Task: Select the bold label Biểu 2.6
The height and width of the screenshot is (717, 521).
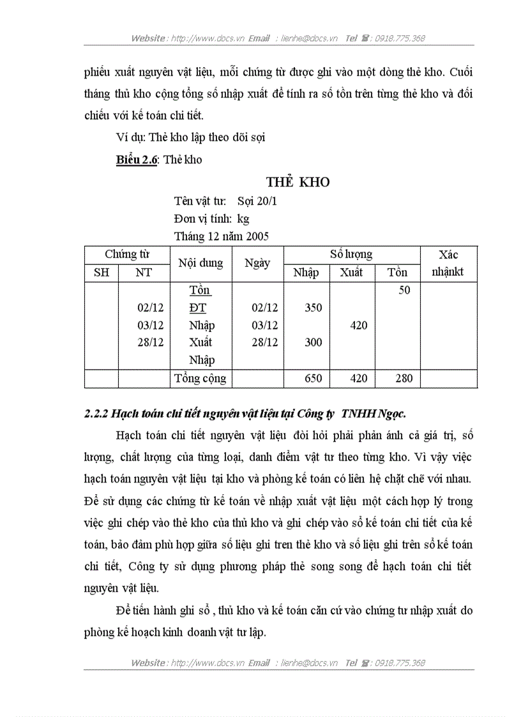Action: point(136,160)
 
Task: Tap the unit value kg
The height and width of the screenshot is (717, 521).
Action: point(243,218)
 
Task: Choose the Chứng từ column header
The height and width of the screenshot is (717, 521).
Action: point(127,254)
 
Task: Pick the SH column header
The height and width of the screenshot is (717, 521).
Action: point(102,273)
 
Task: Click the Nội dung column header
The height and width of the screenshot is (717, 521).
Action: point(200,263)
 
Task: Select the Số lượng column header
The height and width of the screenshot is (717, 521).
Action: point(351,254)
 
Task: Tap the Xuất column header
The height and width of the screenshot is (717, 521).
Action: point(351,273)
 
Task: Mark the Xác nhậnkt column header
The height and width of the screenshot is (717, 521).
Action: point(448,263)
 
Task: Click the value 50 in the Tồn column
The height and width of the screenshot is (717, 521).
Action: point(404,291)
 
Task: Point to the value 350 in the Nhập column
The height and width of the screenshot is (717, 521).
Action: point(313,308)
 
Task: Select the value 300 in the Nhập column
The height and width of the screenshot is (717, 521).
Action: point(313,342)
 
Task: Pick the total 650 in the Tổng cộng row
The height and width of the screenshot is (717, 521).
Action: point(313,378)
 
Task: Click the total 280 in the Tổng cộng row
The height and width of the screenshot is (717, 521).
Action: point(404,378)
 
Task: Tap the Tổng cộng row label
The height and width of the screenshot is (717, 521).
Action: point(200,378)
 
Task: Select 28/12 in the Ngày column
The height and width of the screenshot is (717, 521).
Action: point(264,342)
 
